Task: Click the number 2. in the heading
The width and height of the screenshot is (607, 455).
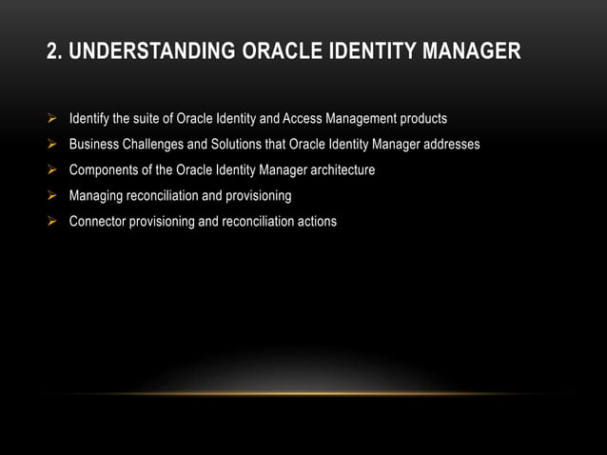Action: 55,50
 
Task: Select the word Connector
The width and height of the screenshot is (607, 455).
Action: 96,222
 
